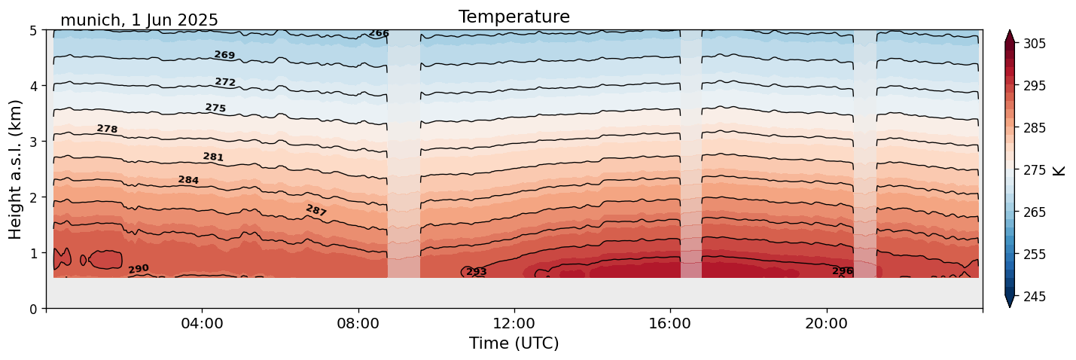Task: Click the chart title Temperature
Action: point(514,17)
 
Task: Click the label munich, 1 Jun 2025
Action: point(139,20)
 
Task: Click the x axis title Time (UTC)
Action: point(514,343)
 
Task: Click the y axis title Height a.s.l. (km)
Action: point(16,169)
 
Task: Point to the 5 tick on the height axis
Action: point(34,31)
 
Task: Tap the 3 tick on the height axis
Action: point(34,142)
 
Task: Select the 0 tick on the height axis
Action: point(34,309)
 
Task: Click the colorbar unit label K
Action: point(1059,170)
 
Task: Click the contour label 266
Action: point(379,33)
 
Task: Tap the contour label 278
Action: point(107,129)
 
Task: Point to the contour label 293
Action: point(476,271)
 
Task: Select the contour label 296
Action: point(842,271)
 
